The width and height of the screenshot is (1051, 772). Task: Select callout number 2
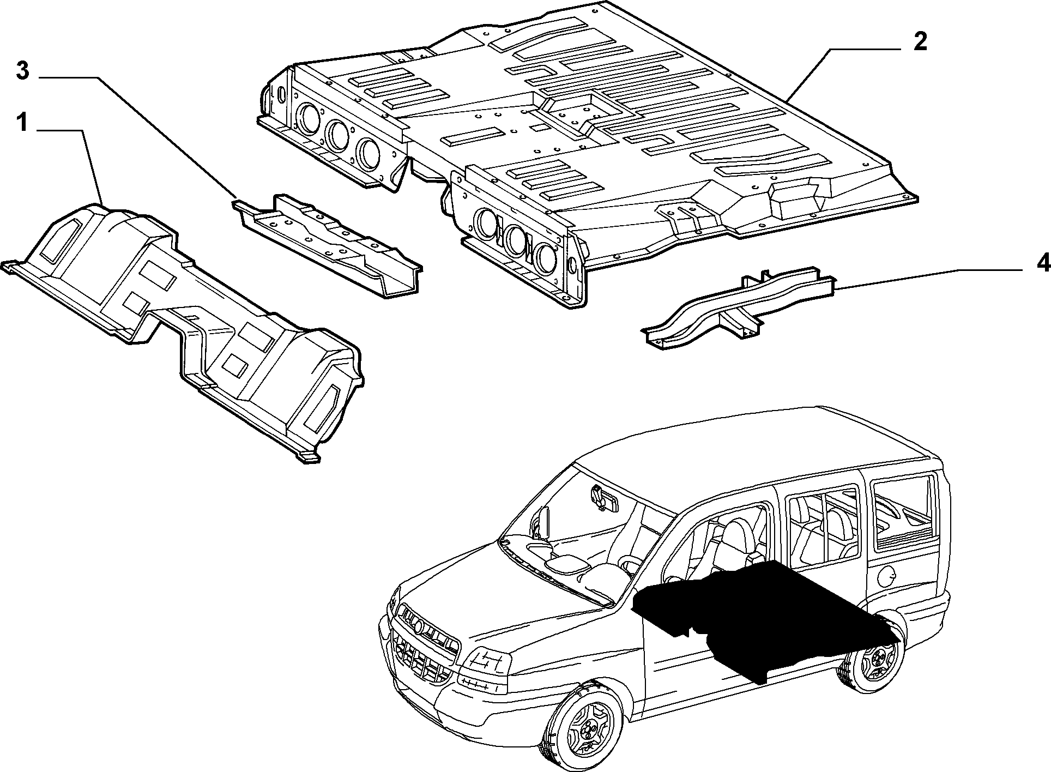920,42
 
